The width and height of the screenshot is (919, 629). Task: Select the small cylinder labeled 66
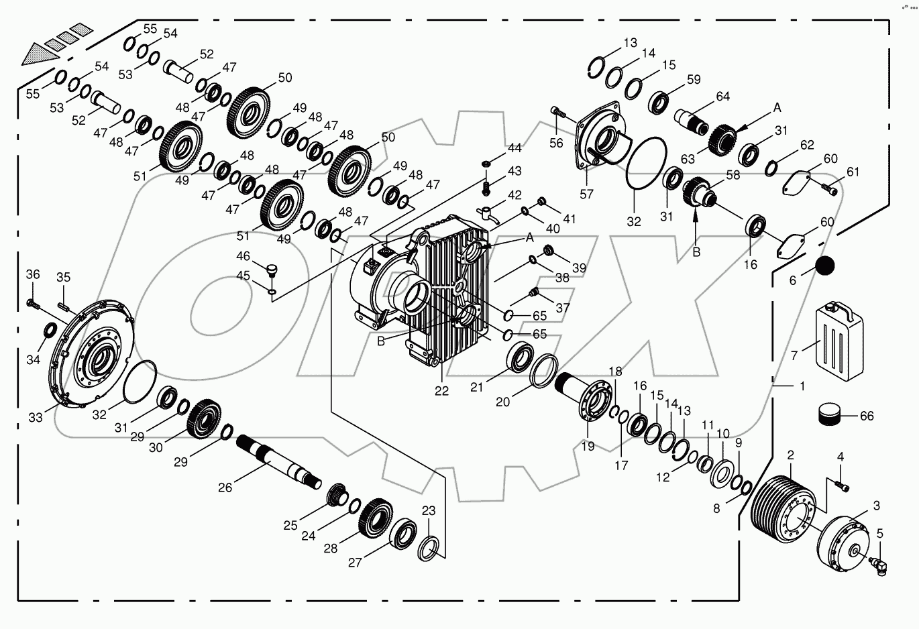pyautogui.click(x=830, y=415)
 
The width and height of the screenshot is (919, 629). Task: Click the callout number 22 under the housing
pyautogui.click(x=441, y=392)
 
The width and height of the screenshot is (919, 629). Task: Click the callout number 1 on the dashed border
pyautogui.click(x=802, y=386)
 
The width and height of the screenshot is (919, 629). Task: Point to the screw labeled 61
pyautogui.click(x=830, y=190)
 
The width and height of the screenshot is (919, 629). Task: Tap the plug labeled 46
pyautogui.click(x=272, y=271)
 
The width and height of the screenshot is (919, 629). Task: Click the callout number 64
pyautogui.click(x=722, y=97)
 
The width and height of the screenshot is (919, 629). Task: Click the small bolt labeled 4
pyautogui.click(x=841, y=484)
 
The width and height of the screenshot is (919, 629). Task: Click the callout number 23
pyautogui.click(x=429, y=510)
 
